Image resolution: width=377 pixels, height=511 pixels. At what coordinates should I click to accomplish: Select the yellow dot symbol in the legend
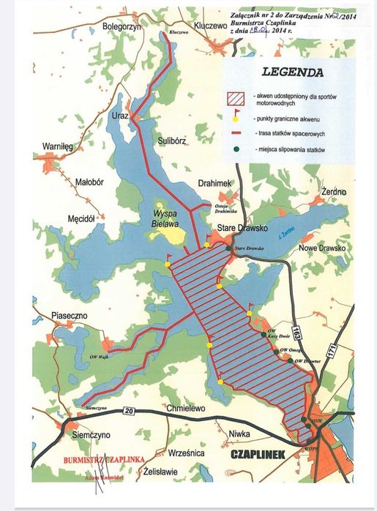pyautogui.click(x=235, y=117)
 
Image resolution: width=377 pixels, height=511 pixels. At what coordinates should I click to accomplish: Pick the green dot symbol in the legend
pyautogui.click(x=235, y=149)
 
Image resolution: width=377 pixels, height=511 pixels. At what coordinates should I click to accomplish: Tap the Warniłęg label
pyautogui.click(x=60, y=147)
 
